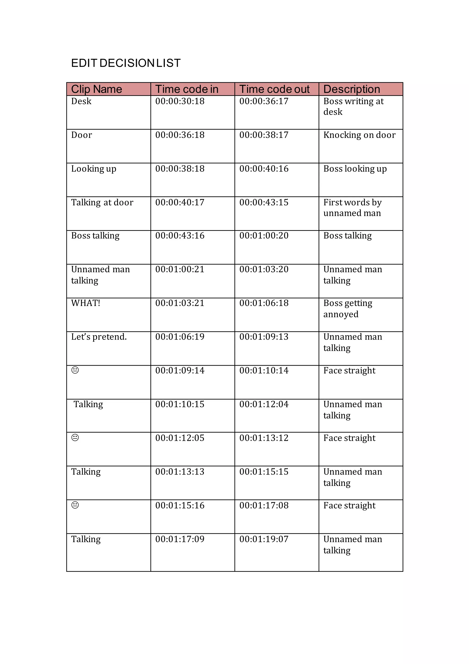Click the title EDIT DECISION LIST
click(x=126, y=63)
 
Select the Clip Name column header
click(x=97, y=89)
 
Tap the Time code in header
click(x=187, y=89)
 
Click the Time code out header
click(x=274, y=89)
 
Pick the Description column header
click(x=352, y=89)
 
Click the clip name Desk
click(x=81, y=101)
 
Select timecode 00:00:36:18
click(x=180, y=135)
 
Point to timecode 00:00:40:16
click(x=264, y=169)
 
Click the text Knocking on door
click(x=359, y=135)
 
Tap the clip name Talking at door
click(x=102, y=202)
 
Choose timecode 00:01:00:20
click(x=264, y=236)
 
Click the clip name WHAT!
click(x=86, y=303)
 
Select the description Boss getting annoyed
click(x=347, y=309)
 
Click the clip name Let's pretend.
click(x=99, y=337)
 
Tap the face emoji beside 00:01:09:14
click(x=75, y=370)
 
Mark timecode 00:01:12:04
click(x=264, y=404)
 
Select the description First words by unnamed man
click(x=352, y=208)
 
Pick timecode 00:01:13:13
click(x=180, y=472)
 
